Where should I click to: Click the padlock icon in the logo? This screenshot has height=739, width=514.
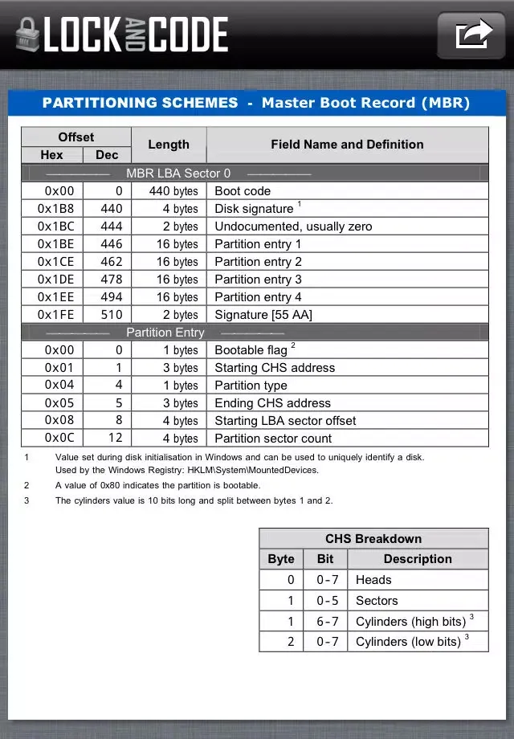click(x=27, y=36)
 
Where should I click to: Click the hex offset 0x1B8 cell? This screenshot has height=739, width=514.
click(x=52, y=209)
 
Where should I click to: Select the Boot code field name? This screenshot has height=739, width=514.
click(x=243, y=191)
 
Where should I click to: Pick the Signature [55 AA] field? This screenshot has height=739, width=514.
click(x=263, y=315)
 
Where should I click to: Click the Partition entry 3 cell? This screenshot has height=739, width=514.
click(x=258, y=280)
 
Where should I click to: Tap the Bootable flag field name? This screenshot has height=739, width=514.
click(x=251, y=350)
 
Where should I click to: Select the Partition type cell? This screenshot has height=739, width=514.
click(x=251, y=386)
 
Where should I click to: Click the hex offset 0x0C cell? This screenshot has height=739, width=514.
click(x=52, y=439)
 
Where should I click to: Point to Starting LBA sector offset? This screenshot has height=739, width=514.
click(x=285, y=421)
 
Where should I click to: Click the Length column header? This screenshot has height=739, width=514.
click(x=169, y=145)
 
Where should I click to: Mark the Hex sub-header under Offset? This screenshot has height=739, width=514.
click(x=52, y=155)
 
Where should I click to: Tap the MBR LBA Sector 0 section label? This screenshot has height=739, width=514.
click(x=178, y=174)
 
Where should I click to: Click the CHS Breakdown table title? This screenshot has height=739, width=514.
click(x=373, y=539)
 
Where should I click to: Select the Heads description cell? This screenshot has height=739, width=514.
click(x=373, y=580)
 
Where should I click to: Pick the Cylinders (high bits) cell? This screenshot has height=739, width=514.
click(x=410, y=622)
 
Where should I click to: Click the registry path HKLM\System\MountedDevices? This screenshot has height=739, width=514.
click(x=252, y=470)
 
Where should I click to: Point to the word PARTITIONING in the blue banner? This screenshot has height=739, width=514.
click(x=140, y=103)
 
